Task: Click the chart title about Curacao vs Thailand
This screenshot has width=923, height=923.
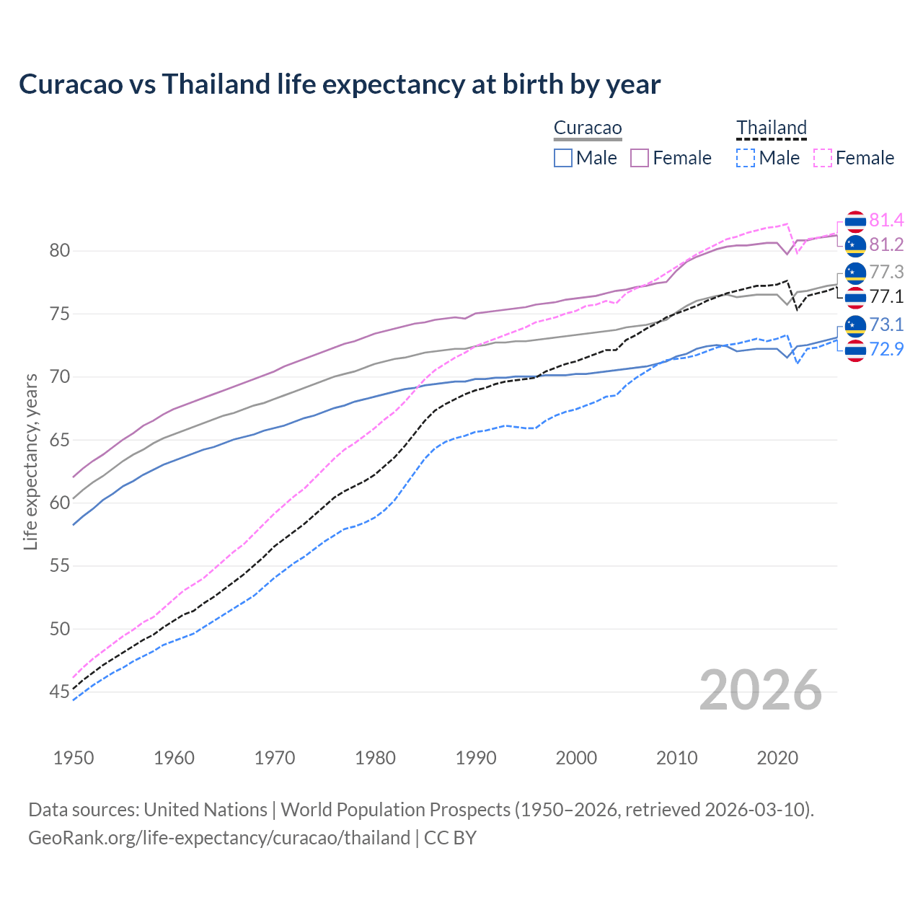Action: click(339, 84)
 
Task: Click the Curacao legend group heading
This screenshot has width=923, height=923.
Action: click(587, 128)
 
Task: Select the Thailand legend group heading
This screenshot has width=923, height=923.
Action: click(771, 128)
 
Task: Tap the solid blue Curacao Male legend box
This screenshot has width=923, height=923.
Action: click(563, 158)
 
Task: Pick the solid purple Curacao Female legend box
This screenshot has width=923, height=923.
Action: click(640, 158)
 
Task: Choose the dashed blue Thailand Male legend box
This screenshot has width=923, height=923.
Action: click(746, 158)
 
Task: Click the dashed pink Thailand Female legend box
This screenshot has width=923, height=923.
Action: click(823, 158)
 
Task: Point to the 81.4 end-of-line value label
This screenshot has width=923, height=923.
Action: click(886, 221)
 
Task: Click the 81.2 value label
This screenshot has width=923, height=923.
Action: click(886, 245)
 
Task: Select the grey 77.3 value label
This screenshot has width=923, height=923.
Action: click(886, 272)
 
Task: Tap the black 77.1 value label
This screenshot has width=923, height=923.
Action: click(886, 296)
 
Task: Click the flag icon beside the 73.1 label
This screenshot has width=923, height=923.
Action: click(855, 325)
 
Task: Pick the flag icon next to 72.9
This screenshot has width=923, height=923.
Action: click(855, 350)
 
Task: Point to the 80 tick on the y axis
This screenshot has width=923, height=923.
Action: click(60, 251)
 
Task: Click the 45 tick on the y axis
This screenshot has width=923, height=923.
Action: click(60, 692)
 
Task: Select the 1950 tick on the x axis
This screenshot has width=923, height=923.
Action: click(74, 758)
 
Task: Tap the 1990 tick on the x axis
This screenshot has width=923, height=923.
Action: click(476, 758)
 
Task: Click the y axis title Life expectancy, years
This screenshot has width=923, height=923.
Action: click(31, 461)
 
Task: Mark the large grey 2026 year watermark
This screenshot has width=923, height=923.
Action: click(760, 691)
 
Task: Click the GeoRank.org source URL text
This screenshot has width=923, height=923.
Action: click(219, 838)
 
